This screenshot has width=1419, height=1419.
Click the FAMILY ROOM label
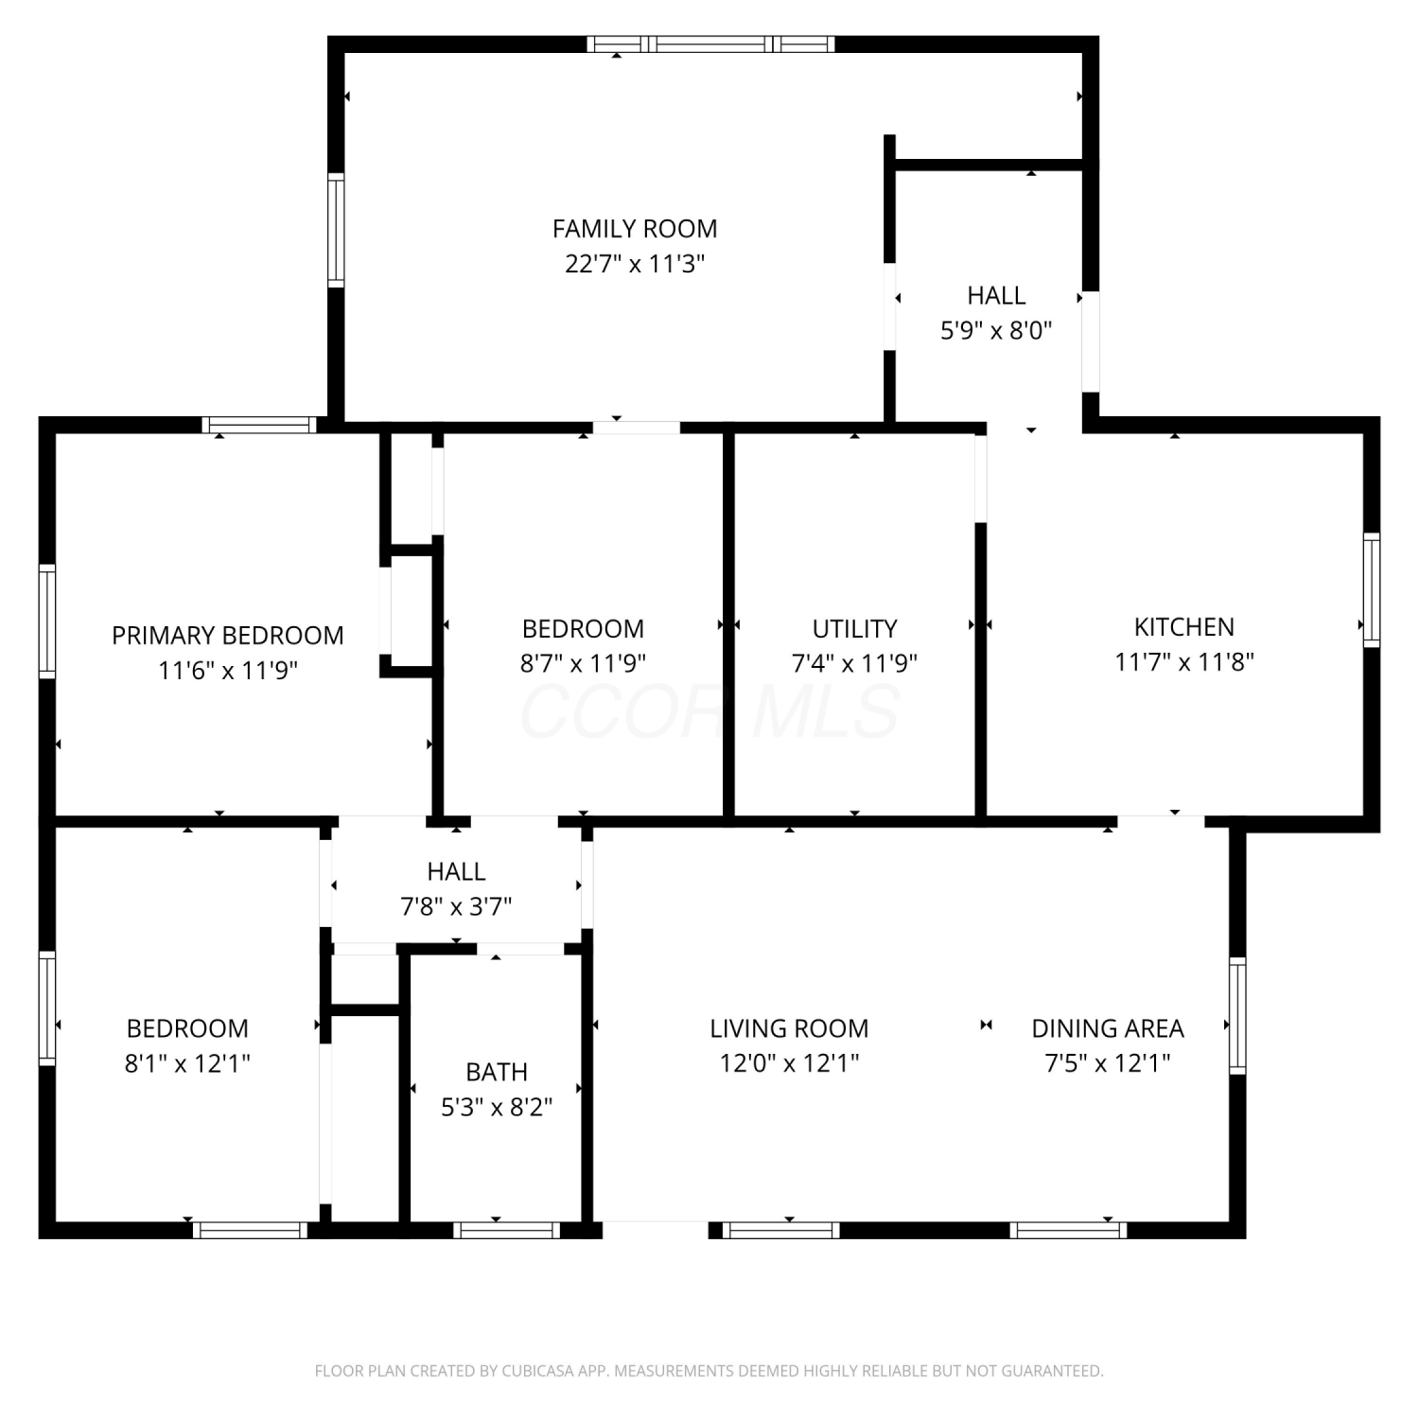(x=635, y=229)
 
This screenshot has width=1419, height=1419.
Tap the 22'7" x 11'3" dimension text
(x=635, y=264)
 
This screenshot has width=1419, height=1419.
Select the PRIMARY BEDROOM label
(x=228, y=636)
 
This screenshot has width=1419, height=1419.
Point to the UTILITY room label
(x=854, y=629)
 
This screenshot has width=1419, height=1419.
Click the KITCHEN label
(x=1184, y=627)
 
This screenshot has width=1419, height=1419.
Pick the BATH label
(x=497, y=1072)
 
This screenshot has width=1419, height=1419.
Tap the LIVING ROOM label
(x=789, y=1028)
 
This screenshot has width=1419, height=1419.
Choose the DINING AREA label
(x=1108, y=1028)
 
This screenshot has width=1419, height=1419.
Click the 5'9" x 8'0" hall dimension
(x=996, y=331)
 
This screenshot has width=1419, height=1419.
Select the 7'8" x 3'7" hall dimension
(x=456, y=907)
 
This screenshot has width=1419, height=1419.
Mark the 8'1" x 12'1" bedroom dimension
(x=187, y=1063)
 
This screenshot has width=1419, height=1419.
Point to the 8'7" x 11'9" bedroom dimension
(x=583, y=663)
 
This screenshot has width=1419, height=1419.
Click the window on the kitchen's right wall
(x=1372, y=589)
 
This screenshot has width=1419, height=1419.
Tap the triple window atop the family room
(x=710, y=44)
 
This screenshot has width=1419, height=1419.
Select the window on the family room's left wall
(x=336, y=230)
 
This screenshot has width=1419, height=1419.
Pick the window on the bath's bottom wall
(x=506, y=1230)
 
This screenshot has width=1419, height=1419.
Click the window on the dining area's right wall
(x=1237, y=1015)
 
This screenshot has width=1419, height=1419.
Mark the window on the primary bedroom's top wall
(x=259, y=425)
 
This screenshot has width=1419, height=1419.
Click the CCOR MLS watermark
(x=709, y=711)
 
